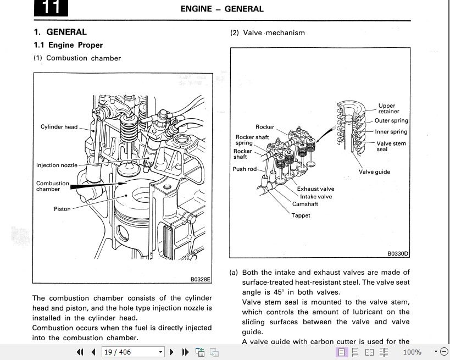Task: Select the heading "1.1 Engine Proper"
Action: (68, 45)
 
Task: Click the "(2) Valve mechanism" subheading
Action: (267, 32)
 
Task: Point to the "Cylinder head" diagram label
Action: (59, 127)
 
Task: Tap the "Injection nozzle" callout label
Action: (57, 165)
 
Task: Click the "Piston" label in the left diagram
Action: (62, 209)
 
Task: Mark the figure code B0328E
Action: (201, 279)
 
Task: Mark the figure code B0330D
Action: (398, 253)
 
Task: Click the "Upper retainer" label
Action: (388, 109)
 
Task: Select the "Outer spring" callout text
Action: (391, 121)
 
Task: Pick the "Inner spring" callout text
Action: (391, 132)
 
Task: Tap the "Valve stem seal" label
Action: (391, 146)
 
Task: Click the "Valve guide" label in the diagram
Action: (374, 172)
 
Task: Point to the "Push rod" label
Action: (245, 169)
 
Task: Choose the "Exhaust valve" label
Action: (315, 189)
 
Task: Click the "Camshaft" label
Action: (305, 204)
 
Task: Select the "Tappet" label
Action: (301, 215)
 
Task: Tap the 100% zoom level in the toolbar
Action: (412, 352)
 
